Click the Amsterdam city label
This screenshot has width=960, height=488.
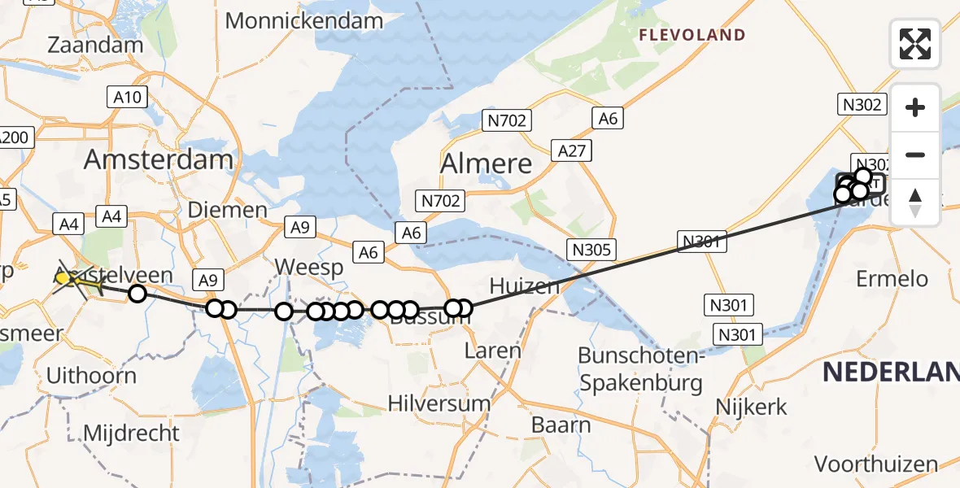[159, 159]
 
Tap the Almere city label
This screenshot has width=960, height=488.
[486, 163]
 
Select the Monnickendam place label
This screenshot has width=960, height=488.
[304, 21]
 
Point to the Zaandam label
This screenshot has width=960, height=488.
[95, 45]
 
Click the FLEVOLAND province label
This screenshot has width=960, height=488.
[692, 35]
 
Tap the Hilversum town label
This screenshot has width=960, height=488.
[439, 403]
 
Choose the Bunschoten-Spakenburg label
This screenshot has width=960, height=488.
[639, 368]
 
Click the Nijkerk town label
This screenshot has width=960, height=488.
[751, 407]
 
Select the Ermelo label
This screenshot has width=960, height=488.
[892, 279]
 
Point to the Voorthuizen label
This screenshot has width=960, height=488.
[875, 464]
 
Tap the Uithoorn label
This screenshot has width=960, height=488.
[90, 376]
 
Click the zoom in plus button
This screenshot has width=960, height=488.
[915, 108]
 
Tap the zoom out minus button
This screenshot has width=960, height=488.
[915, 155]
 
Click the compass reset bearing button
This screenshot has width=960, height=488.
[915, 202]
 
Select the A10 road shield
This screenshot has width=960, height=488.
[128, 98]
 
